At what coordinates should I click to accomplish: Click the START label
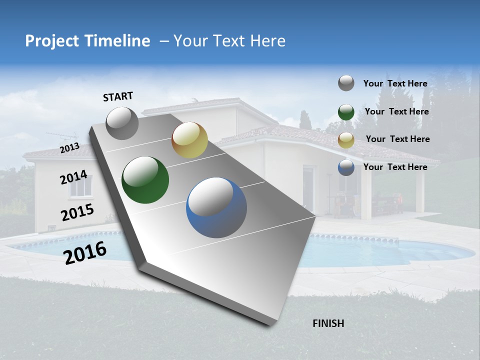118,96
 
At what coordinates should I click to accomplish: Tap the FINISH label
328,323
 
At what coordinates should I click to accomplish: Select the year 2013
69,148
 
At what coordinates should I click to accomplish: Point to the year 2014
73,177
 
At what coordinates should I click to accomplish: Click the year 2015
77,212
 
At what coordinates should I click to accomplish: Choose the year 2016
85,252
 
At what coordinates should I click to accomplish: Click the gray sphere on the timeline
122,123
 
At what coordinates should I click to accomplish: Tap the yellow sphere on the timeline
189,140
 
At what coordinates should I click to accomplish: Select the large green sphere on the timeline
145,180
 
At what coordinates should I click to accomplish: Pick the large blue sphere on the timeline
216,207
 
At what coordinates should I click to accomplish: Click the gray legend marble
346,83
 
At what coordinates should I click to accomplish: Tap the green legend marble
346,112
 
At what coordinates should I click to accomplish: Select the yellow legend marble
346,140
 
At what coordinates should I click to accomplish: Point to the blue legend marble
346,167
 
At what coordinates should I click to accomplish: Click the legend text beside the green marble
396,111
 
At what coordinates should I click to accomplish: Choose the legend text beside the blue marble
395,167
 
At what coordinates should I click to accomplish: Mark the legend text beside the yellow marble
397,139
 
